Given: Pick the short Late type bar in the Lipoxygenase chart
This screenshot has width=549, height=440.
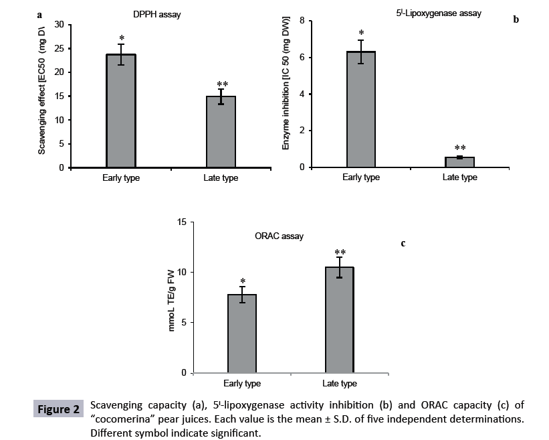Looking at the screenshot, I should [x=459, y=162].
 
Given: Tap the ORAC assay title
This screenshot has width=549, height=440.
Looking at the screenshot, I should [x=280, y=236].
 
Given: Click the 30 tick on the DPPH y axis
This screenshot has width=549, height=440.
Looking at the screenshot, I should [x=59, y=25].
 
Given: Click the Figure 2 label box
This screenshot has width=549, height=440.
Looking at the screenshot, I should [x=58, y=408].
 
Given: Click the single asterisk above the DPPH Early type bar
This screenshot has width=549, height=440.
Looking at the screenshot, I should [x=121, y=38].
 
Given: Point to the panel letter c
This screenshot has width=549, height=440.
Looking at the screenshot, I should [x=403, y=244].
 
